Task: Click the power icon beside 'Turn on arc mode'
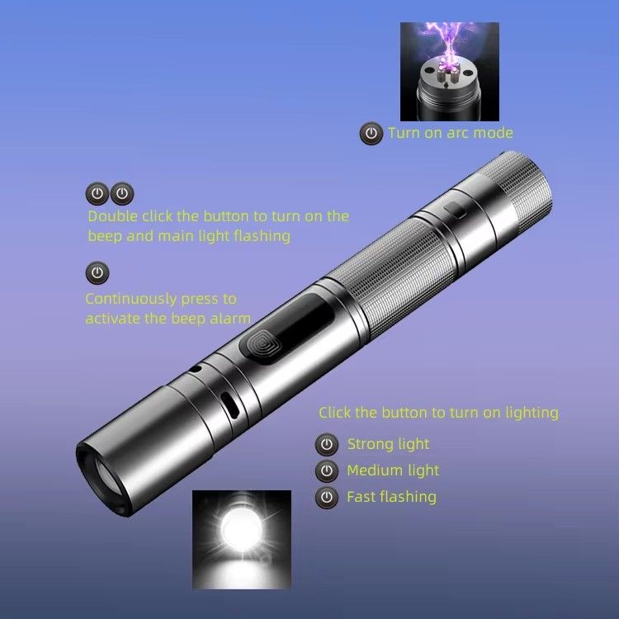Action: (x=371, y=133)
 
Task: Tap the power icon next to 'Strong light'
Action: (x=327, y=445)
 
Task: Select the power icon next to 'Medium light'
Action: (x=327, y=470)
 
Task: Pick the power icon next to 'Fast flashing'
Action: (x=327, y=497)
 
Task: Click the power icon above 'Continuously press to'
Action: (x=97, y=273)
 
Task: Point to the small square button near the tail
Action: (x=455, y=210)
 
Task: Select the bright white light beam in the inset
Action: (x=241, y=529)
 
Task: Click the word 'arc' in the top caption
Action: (x=457, y=133)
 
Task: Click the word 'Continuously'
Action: (x=131, y=299)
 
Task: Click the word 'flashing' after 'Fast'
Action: (x=411, y=497)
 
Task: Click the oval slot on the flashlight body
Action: (x=229, y=405)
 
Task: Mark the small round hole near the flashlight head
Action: (x=195, y=370)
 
